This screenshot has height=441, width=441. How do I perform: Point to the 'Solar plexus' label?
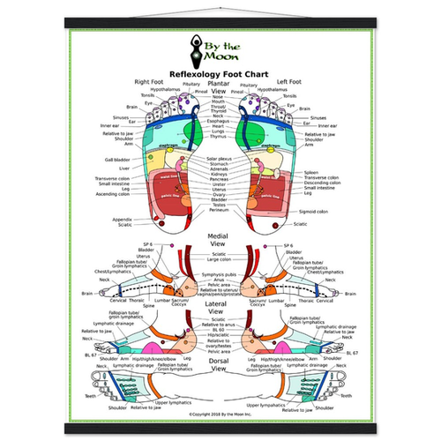point(219,158)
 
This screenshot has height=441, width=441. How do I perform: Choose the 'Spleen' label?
point(311,173)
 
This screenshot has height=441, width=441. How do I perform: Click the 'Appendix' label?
point(123,219)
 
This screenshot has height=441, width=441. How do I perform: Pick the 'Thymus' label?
point(219,137)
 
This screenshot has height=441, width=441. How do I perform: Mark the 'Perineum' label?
point(219,210)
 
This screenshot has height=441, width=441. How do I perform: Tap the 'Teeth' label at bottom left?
point(89,395)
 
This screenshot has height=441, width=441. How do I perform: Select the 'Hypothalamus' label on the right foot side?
point(165,89)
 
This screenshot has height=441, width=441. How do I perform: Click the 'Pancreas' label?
point(219,179)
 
